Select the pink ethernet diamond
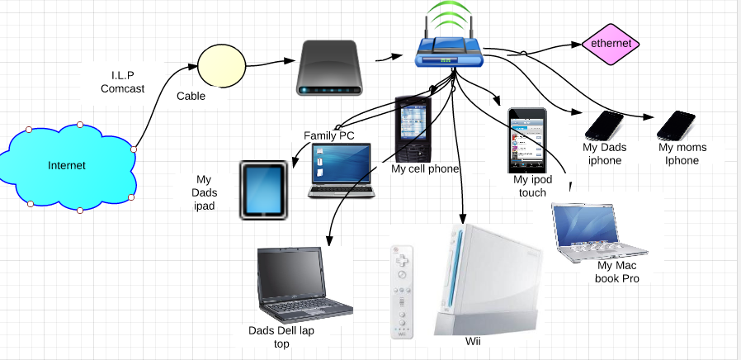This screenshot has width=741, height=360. pyautogui.click(x=610, y=44)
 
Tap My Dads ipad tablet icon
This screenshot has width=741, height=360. pyautogui.click(x=264, y=190)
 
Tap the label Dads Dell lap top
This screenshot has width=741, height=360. pyautogui.click(x=281, y=337)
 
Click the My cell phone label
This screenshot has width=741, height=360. pyautogui.click(x=425, y=169)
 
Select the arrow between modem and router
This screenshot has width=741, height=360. pyautogui.click(x=386, y=59)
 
